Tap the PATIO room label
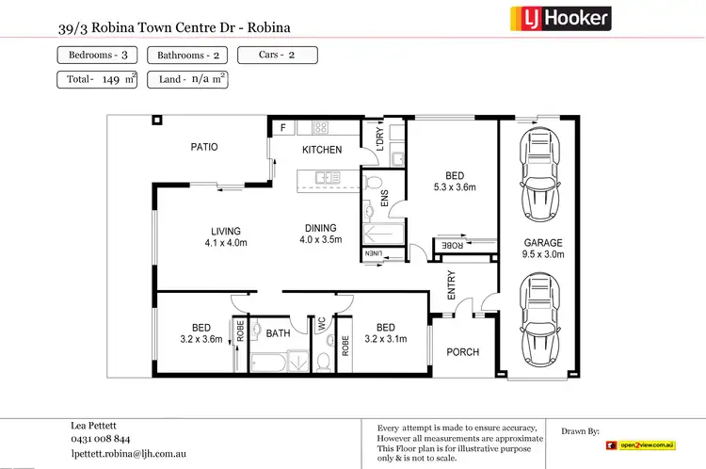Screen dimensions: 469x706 (204, 147)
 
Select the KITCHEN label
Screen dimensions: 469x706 (322, 151)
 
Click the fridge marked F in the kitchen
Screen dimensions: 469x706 (281, 126)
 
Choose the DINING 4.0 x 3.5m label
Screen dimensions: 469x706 (320, 234)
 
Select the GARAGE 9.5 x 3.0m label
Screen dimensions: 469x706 (543, 248)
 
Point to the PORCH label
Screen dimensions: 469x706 (462, 352)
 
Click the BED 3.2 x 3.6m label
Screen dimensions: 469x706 (201, 333)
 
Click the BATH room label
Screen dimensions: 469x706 (279, 332)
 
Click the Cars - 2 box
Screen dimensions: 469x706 (277, 55)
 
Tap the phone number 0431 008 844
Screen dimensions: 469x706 (101, 439)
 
